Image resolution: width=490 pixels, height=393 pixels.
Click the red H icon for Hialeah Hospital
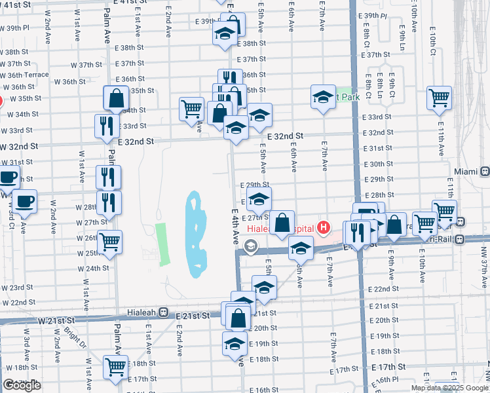(322, 229)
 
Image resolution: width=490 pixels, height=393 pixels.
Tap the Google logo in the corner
(22, 385)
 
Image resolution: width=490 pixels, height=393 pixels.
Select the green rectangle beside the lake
(161, 244)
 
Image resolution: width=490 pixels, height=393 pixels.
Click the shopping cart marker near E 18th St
(116, 367)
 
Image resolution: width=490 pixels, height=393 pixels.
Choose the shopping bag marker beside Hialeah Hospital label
(282, 223)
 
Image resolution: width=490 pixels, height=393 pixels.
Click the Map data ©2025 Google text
(449, 388)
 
